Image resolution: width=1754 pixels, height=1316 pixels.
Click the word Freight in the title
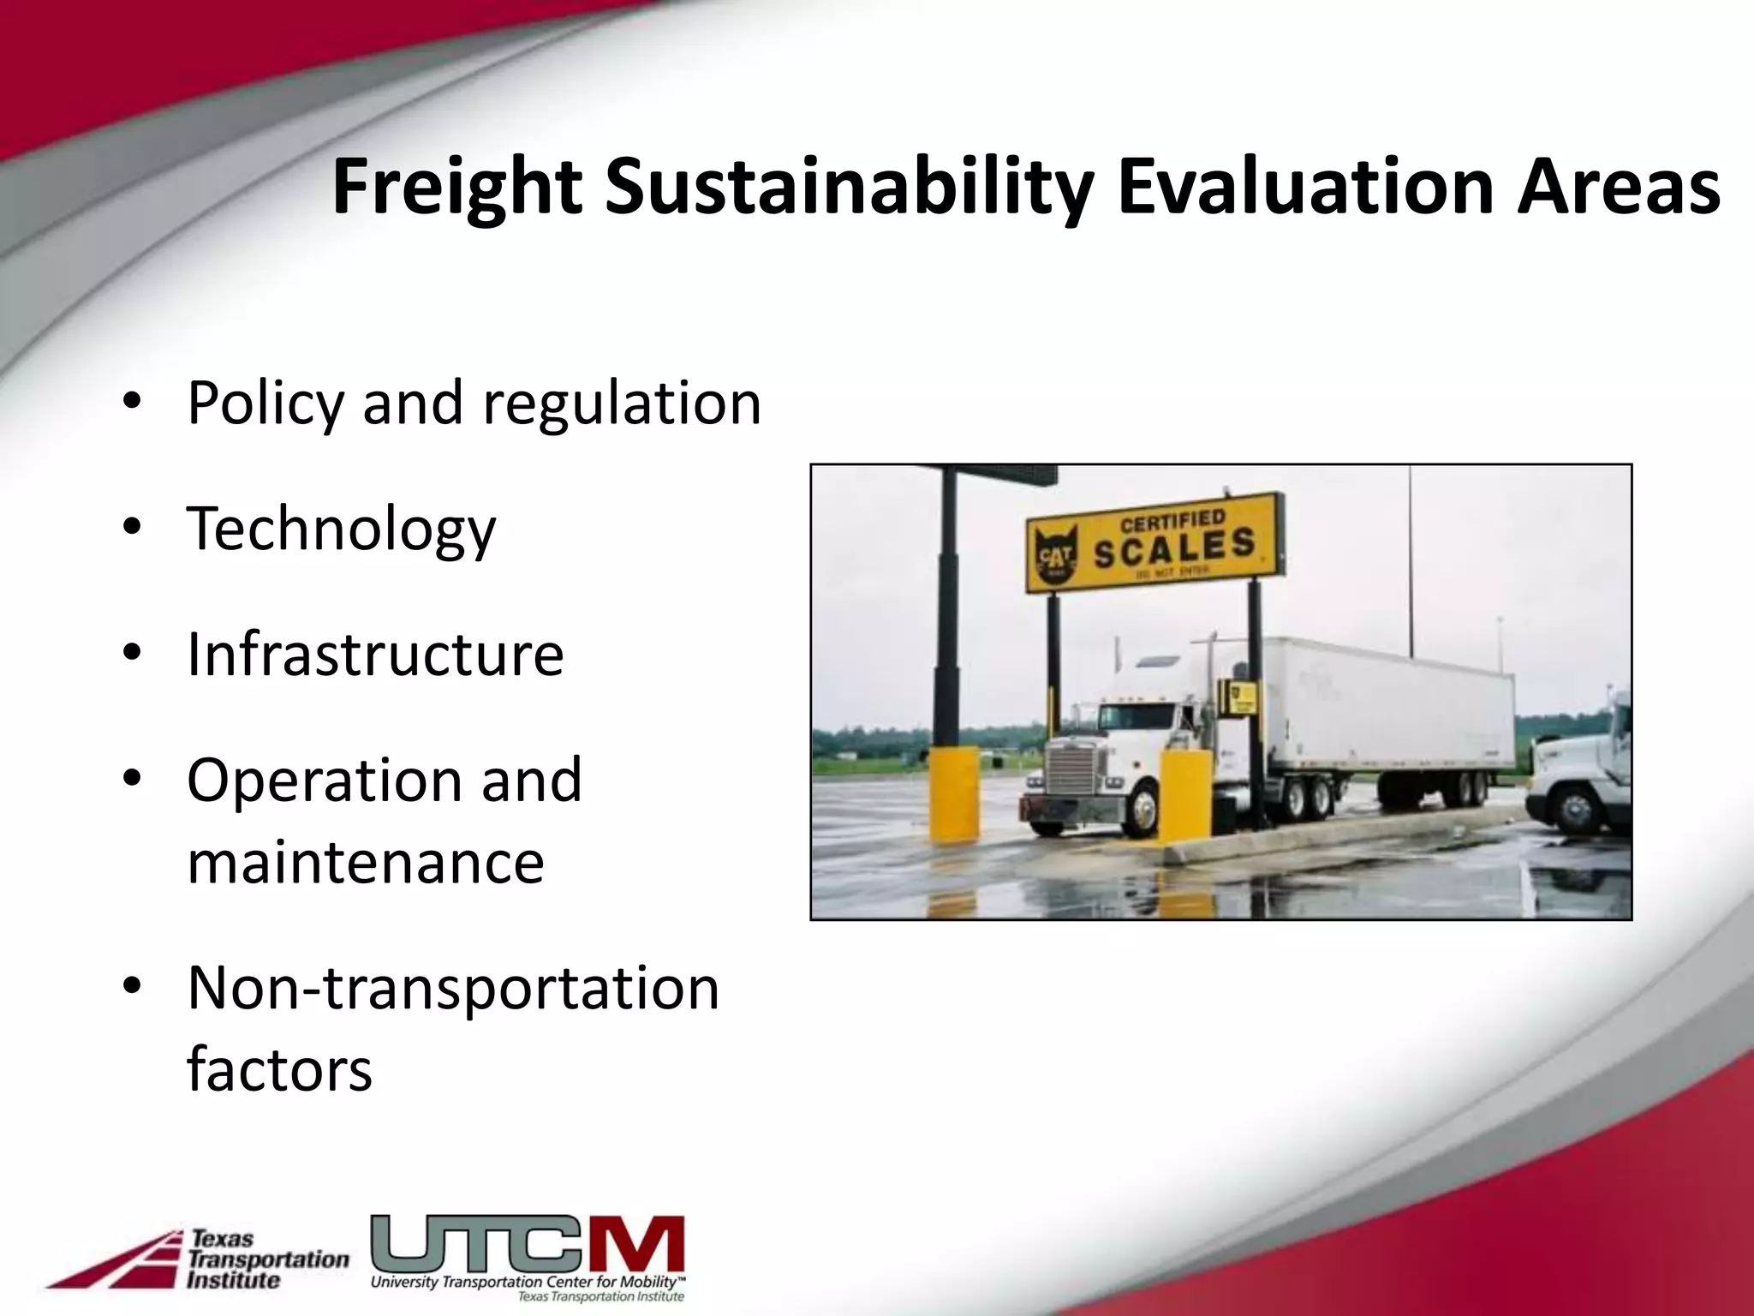(x=457, y=188)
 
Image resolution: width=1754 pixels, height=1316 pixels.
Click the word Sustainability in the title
(x=849, y=188)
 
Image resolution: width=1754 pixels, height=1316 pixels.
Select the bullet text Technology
(x=341, y=530)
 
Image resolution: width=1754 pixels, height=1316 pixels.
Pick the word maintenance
(x=366, y=862)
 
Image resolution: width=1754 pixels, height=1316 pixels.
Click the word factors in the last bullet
(x=279, y=1070)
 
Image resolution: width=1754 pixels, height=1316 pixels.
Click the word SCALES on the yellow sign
(x=1174, y=549)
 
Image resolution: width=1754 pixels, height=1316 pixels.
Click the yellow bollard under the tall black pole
(x=955, y=793)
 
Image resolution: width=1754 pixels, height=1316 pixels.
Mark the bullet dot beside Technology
(x=131, y=528)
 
